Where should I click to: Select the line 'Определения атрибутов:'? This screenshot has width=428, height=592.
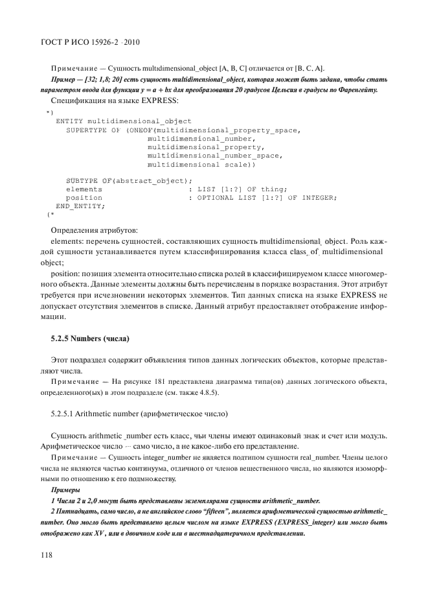click(94, 230)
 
